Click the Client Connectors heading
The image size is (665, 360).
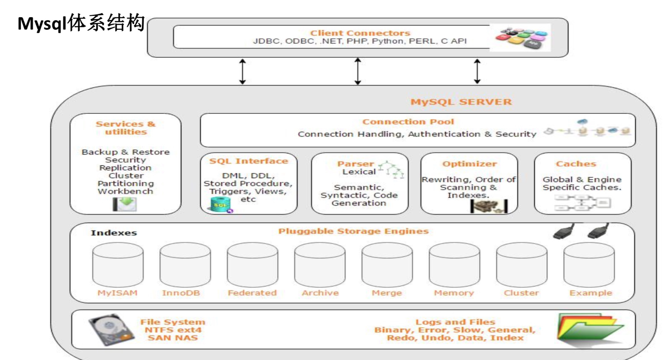(360, 33)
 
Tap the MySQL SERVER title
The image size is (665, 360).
(461, 102)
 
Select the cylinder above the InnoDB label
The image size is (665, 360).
(185, 265)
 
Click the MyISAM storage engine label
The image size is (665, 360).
(118, 293)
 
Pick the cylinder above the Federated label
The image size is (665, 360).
(252, 265)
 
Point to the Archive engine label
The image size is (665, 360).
(320, 293)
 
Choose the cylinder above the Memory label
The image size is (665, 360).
(454, 265)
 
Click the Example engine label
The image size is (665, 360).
(591, 293)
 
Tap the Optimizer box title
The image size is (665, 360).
(470, 164)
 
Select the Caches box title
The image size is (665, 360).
(576, 164)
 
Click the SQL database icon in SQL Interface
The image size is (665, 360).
(220, 205)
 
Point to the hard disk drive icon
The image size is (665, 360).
(111, 329)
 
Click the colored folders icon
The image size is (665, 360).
(589, 329)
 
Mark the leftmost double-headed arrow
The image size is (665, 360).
(243, 72)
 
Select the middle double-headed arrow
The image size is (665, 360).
(358, 71)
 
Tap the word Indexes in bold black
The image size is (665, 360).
(114, 233)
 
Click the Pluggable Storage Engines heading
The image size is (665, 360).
(353, 231)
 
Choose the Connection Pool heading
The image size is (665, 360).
(408, 122)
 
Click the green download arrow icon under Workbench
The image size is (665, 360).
(125, 204)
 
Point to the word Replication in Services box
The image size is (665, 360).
(125, 168)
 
